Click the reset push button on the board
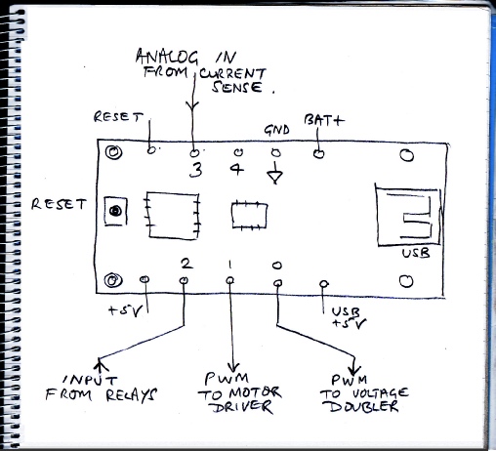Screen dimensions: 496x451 click(115, 211)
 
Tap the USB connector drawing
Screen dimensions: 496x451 click(408, 217)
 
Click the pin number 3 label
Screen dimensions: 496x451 click(195, 169)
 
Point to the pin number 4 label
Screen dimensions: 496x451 click(237, 169)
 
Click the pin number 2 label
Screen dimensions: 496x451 click(186, 264)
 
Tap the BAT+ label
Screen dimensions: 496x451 click(324, 120)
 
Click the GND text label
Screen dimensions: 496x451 click(276, 130)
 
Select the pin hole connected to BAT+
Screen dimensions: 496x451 click(318, 153)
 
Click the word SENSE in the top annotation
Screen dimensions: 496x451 click(237, 87)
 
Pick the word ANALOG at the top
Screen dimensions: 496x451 click(167, 57)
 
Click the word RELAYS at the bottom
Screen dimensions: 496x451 click(131, 394)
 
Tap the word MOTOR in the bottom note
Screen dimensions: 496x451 click(255, 392)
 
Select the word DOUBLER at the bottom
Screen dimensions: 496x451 click(363, 406)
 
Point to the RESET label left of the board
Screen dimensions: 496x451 click(59, 204)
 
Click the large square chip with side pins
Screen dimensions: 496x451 click(172, 216)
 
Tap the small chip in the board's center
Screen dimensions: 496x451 click(249, 215)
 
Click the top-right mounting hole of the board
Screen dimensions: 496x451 click(406, 155)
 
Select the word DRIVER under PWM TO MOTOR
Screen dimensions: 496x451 click(242, 407)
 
